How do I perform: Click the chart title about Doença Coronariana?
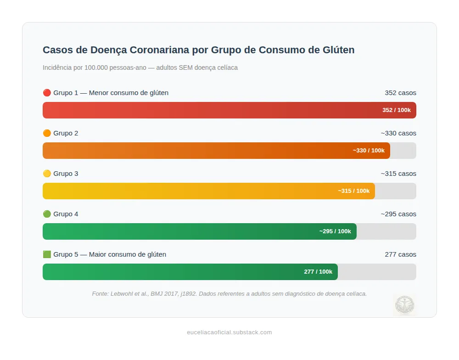198,50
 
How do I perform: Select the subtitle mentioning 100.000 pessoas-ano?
140,67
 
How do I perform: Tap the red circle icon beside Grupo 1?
47,93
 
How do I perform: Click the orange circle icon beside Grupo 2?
47,133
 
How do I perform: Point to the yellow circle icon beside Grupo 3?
47,174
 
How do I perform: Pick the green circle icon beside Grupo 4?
47,214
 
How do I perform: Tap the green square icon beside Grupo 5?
47,254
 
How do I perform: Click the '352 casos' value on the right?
400,93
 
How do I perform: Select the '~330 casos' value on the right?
398,133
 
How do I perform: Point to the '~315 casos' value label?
398,174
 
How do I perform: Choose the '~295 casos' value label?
398,214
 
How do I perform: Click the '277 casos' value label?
400,254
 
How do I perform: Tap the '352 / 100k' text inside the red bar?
397,110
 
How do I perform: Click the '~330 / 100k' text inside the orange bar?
369,151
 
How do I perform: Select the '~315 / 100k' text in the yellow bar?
353,191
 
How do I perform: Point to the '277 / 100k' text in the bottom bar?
318,272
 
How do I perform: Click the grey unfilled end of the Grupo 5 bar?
377,272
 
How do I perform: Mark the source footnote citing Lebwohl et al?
229,294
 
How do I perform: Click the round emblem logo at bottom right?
404,305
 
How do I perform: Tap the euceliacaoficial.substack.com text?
229,332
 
